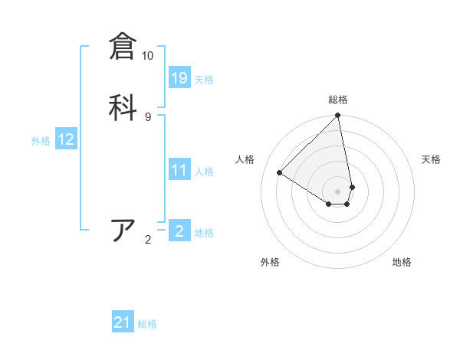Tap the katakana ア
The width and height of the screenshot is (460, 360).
click(x=123, y=231)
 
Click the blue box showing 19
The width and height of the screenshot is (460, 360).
click(x=179, y=77)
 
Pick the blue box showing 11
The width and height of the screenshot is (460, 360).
click(x=179, y=170)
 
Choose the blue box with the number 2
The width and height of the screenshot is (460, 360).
click(x=179, y=231)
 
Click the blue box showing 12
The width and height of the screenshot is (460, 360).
click(x=66, y=139)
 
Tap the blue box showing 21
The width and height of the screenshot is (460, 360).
click(x=123, y=322)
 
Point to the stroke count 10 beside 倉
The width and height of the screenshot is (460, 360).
click(x=148, y=56)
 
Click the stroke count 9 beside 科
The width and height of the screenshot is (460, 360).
click(x=148, y=116)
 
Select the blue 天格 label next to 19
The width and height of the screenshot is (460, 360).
click(x=204, y=80)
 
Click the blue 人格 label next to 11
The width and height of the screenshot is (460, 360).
click(x=204, y=172)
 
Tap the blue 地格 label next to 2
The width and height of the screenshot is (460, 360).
click(x=204, y=233)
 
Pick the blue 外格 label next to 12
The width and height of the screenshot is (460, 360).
click(x=41, y=141)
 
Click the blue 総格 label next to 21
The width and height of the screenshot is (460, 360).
click(x=147, y=325)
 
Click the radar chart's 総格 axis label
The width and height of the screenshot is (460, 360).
click(x=338, y=100)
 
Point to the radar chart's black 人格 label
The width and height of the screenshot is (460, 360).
click(x=245, y=159)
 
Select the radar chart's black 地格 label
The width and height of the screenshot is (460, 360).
click(x=402, y=262)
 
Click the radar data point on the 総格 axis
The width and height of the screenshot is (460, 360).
click(x=338, y=116)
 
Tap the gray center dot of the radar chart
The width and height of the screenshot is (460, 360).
click(x=338, y=191)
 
